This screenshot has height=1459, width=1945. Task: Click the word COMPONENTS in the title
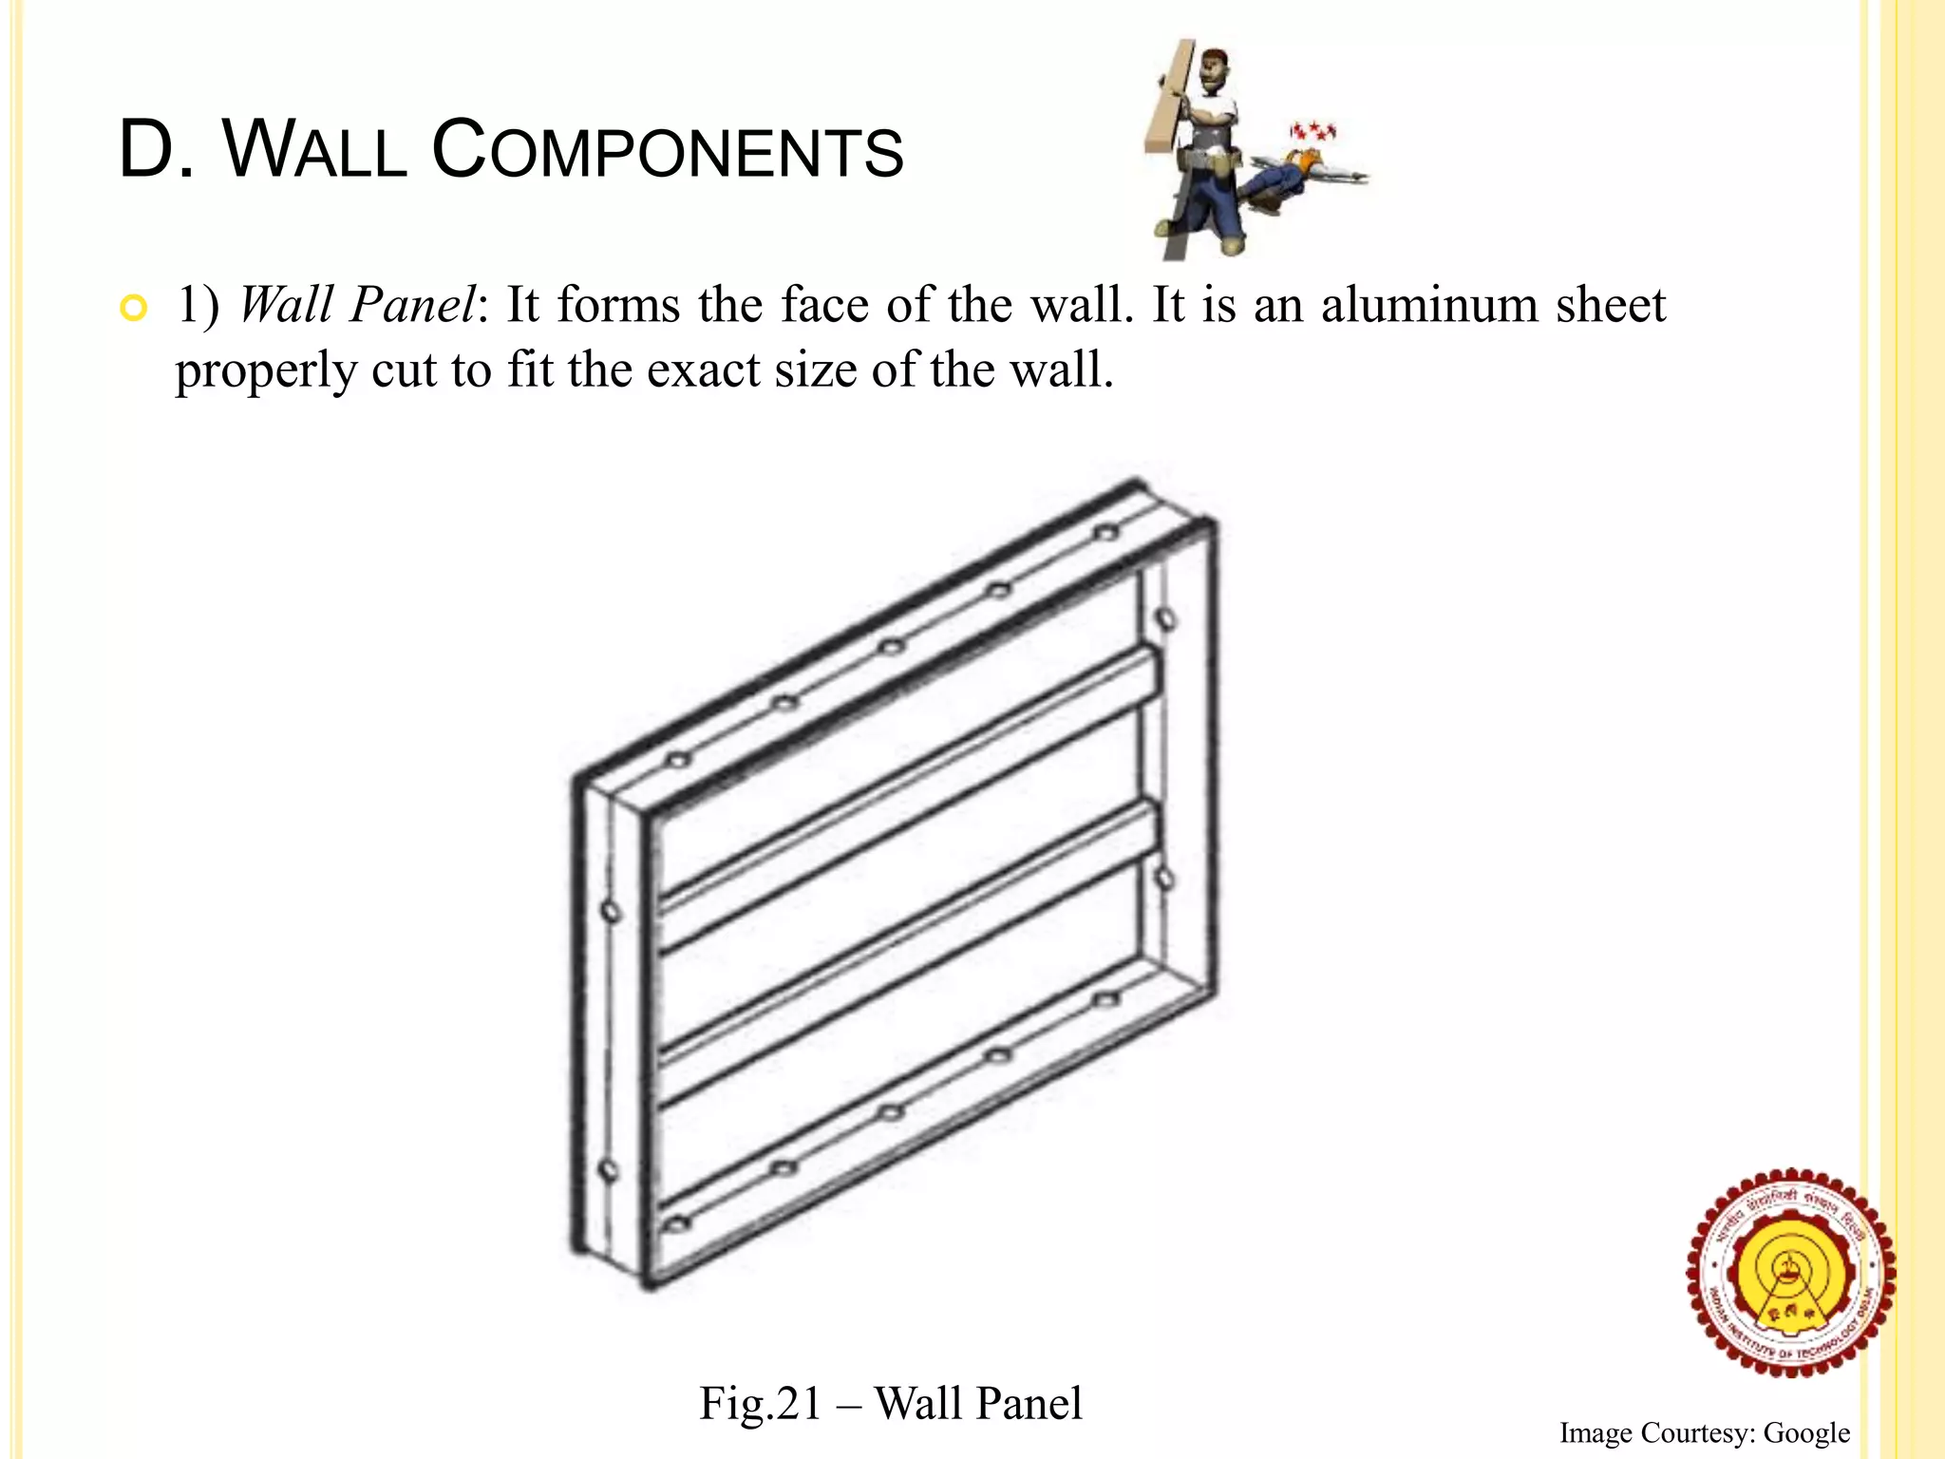[x=668, y=151]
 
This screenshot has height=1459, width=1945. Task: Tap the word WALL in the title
[x=314, y=151]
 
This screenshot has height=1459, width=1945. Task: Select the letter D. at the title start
[x=156, y=151]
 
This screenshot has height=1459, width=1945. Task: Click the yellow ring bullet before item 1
[x=134, y=309]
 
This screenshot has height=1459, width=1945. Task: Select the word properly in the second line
[x=265, y=371]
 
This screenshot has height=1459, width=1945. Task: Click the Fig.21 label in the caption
[x=760, y=1403]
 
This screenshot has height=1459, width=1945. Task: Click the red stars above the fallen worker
[x=1312, y=129]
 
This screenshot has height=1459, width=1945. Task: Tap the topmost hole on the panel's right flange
[x=1165, y=619]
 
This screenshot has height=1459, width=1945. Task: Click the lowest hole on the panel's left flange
[x=609, y=1170]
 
